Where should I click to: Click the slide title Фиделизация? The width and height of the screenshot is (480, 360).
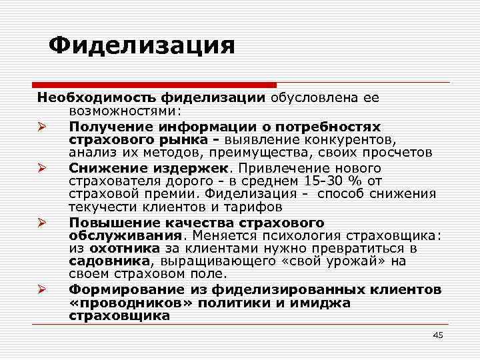(x=143, y=46)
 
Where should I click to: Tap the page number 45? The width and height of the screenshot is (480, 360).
(x=437, y=335)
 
